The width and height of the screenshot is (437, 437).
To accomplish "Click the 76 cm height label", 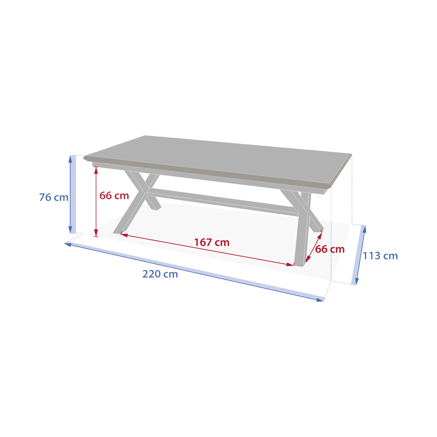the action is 54,197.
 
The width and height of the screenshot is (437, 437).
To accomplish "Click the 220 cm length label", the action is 160,274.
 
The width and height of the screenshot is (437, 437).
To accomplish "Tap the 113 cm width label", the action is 380,256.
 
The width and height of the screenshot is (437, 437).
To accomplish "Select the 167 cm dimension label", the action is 212,243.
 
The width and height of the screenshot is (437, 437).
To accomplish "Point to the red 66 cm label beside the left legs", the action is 114,196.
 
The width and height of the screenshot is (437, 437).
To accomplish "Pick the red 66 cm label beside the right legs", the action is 330,249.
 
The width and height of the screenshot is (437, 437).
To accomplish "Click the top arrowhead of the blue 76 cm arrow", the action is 70,159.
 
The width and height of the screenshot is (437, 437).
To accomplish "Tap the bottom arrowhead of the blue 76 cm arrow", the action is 70,229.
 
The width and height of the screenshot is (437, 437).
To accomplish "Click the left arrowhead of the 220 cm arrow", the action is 68,244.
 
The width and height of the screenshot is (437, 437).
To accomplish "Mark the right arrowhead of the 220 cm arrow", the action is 320,300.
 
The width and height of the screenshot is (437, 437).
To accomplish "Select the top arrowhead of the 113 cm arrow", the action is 364,229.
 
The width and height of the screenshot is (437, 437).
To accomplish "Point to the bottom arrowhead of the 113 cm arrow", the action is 357,281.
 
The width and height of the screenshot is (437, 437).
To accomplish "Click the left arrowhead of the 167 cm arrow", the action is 124,235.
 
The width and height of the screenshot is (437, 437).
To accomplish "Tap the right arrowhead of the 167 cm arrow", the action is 291,264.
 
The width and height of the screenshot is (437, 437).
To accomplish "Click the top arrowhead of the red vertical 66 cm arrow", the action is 96,170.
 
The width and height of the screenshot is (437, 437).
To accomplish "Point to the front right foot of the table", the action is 299,264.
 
